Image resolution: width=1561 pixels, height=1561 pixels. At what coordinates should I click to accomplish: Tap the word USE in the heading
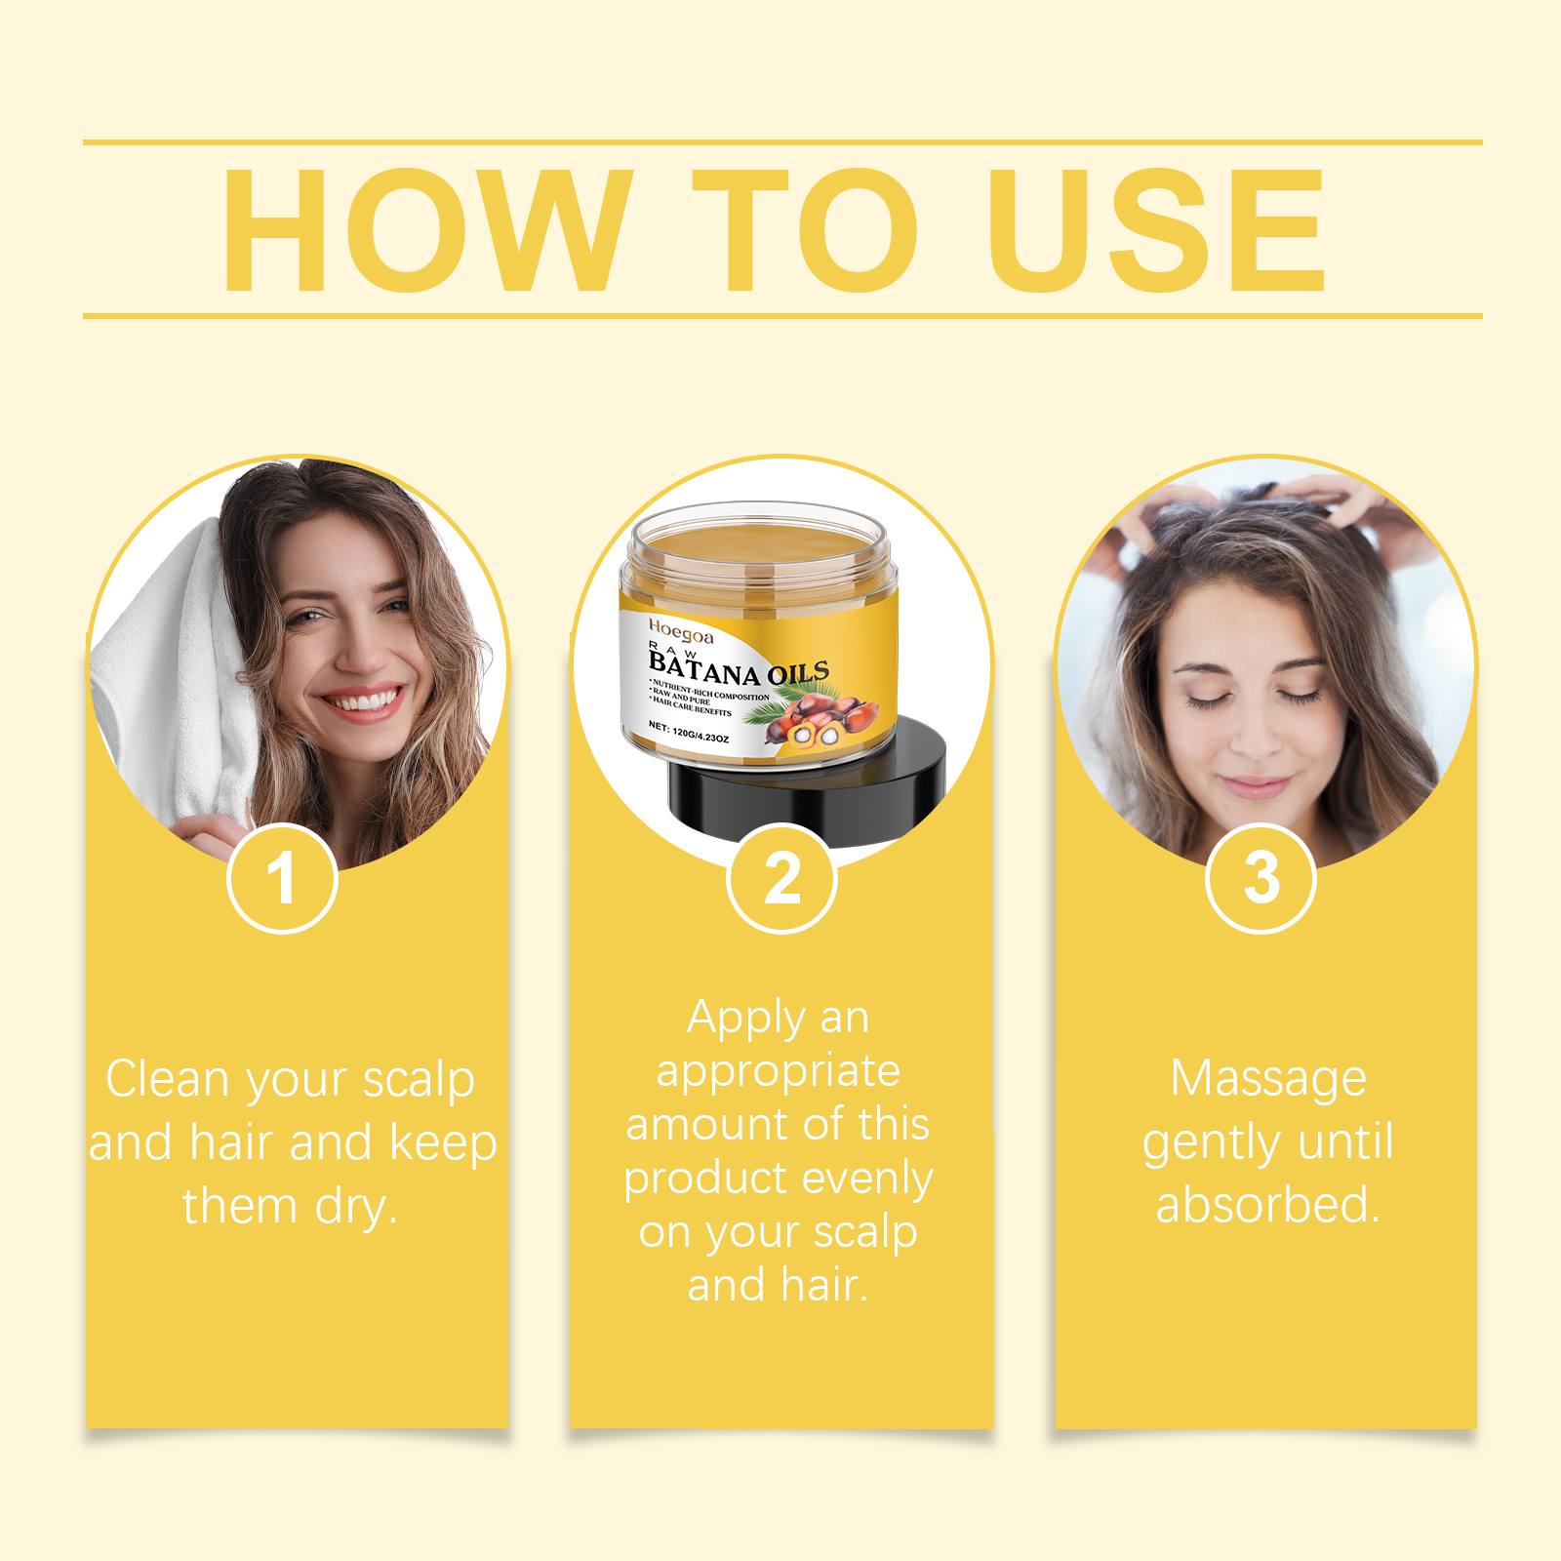(x=1156, y=230)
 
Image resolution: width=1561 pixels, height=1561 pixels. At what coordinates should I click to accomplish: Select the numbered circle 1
(x=282, y=878)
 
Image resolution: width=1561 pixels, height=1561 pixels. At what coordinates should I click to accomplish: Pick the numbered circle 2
(x=781, y=878)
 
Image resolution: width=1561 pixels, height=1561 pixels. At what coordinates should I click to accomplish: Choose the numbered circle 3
(x=1261, y=878)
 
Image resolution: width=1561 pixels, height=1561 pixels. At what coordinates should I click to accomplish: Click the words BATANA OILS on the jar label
(x=739, y=670)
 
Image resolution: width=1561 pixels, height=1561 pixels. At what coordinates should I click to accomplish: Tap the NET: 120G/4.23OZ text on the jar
(x=689, y=732)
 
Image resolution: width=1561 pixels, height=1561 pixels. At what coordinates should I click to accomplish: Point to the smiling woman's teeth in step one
(x=361, y=701)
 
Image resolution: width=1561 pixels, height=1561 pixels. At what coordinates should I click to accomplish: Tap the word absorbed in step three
(x=1267, y=1205)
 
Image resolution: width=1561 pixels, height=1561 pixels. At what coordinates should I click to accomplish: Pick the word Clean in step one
(x=167, y=1080)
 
